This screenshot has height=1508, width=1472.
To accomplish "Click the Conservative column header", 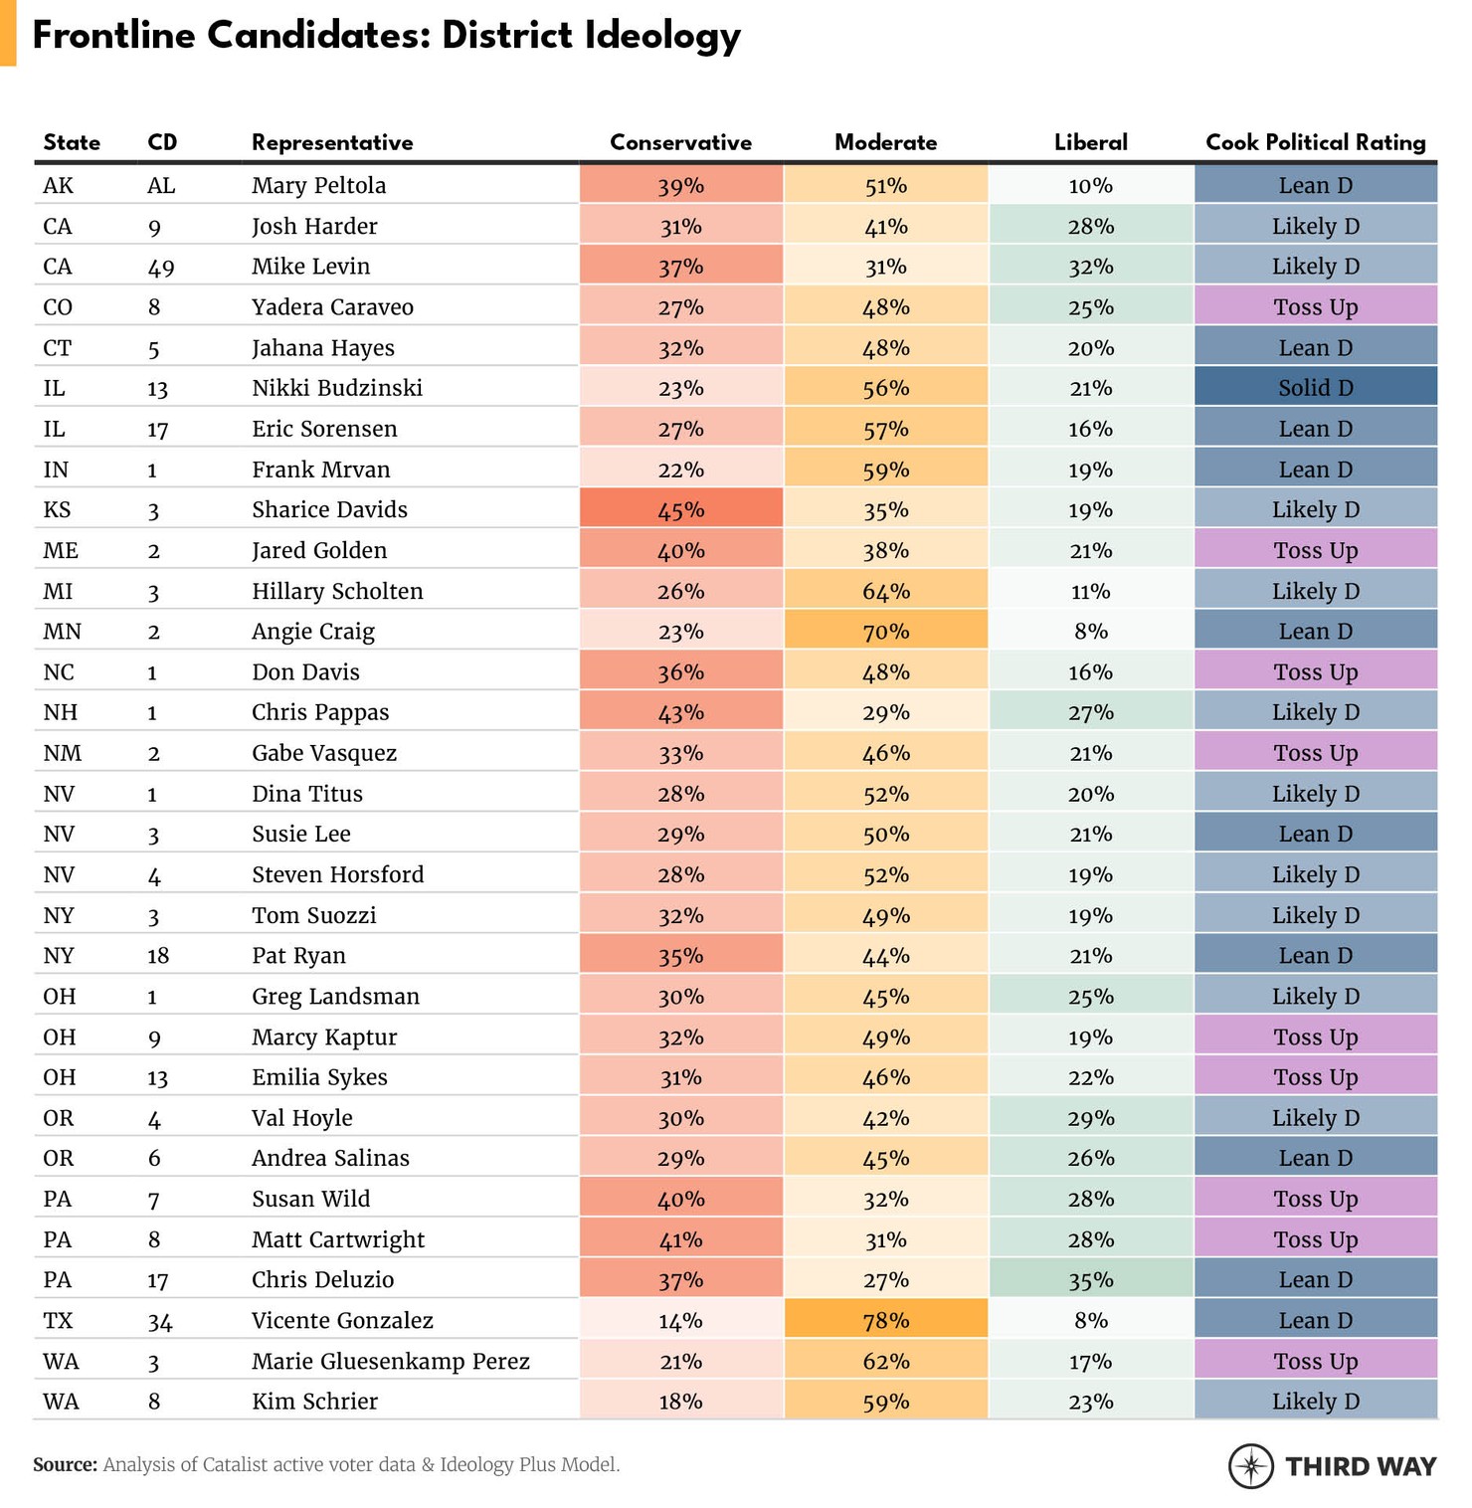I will [x=680, y=142].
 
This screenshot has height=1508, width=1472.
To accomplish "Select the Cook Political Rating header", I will [x=1315, y=142].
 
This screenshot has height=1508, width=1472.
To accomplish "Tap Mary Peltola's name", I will [x=318, y=185].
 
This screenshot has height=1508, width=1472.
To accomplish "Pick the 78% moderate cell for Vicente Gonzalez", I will [x=885, y=1320].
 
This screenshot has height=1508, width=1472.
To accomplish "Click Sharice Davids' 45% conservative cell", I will [x=680, y=509].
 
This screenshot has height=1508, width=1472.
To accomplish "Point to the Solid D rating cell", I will [x=1315, y=388].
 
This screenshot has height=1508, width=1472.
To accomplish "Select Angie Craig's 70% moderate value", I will [x=885, y=632].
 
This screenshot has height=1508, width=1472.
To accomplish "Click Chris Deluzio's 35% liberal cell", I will [x=1090, y=1279].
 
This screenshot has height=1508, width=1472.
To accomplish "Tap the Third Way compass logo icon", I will [x=1250, y=1465].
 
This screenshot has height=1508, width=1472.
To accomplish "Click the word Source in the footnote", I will [x=65, y=1464].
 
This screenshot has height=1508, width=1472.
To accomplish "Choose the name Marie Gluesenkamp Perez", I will [x=390, y=1361].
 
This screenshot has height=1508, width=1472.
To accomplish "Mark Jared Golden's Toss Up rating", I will [x=1315, y=550].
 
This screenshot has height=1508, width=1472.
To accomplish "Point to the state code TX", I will [x=58, y=1320].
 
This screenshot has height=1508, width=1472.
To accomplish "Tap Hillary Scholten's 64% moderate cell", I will [x=885, y=591].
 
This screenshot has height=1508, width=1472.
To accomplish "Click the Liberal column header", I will [x=1090, y=142].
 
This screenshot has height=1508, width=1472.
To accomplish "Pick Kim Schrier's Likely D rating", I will [x=1315, y=1402].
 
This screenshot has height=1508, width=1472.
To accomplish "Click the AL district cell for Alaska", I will [x=161, y=185].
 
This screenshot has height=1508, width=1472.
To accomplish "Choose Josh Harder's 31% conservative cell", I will [x=680, y=226].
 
